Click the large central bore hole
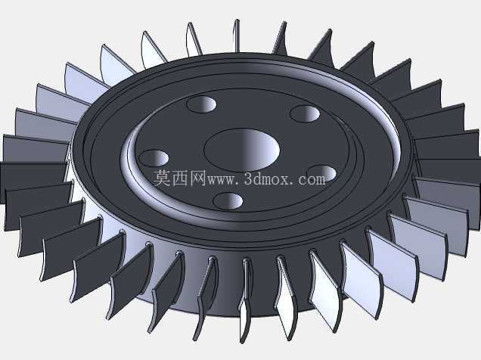click(242, 150)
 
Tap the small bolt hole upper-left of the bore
click(201, 104)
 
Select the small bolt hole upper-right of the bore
click(305, 113)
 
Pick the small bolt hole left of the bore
click(154, 158)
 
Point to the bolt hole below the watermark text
click(228, 201)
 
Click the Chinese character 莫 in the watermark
click(162, 178)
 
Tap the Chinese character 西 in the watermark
click(180, 178)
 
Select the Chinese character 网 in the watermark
click(197, 178)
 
